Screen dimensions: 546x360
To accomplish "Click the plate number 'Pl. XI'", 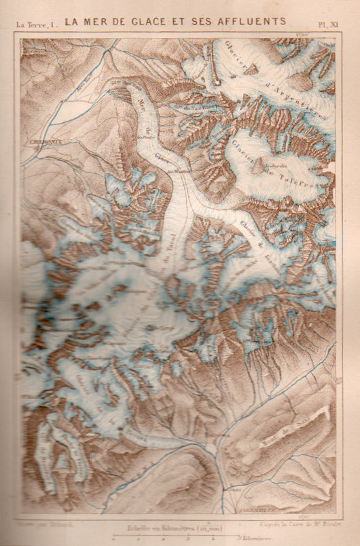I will click(x=328, y=24).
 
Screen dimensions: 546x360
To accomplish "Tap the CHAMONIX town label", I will click(x=46, y=141).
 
